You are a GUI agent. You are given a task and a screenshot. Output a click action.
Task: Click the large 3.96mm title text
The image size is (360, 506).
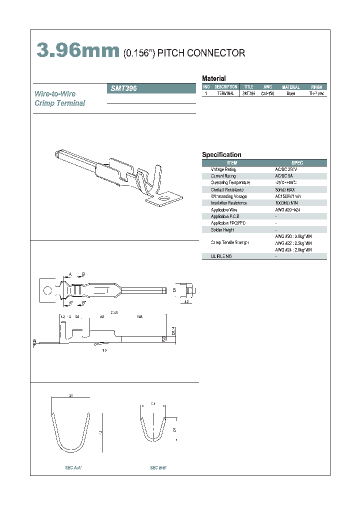(x=77, y=51)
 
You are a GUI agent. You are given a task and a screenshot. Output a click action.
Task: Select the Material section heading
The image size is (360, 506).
(x=213, y=78)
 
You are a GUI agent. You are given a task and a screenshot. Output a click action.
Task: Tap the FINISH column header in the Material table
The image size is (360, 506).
(x=316, y=87)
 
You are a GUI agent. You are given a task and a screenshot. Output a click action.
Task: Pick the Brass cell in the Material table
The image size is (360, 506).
(x=290, y=93)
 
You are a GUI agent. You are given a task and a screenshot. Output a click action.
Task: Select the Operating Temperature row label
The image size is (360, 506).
(x=230, y=182)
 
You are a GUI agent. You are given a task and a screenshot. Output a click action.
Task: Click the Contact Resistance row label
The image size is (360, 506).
(x=227, y=189)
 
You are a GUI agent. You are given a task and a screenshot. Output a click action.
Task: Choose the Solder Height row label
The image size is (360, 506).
(x=222, y=229)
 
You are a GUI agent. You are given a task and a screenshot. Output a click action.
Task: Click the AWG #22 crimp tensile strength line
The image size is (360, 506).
(x=293, y=242)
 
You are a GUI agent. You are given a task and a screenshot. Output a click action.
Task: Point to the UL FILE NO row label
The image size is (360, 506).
(x=221, y=256)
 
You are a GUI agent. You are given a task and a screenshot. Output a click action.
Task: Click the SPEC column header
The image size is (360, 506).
(x=297, y=163)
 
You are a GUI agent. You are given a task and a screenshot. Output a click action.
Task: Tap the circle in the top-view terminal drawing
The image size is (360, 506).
(x=46, y=290)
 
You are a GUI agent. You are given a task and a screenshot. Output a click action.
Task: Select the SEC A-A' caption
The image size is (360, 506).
(x=73, y=467)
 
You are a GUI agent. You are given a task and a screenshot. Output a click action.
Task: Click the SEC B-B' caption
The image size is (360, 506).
(x=158, y=467)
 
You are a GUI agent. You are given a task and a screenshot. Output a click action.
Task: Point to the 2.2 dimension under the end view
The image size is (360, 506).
(x=186, y=302)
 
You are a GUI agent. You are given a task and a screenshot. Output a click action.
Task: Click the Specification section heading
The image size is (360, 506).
(x=221, y=155)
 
